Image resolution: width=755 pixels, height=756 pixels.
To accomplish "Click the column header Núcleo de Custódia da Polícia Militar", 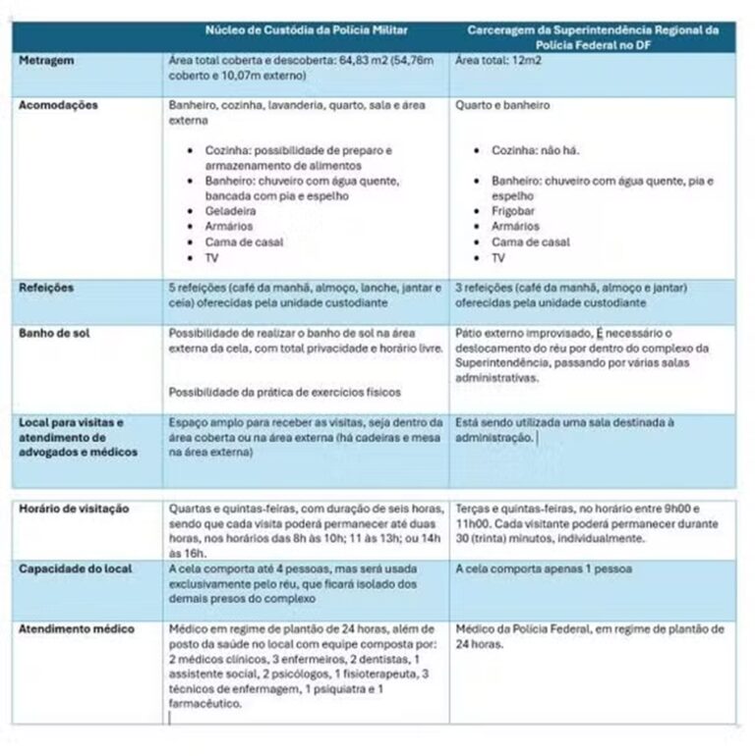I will pyautogui.click(x=306, y=31).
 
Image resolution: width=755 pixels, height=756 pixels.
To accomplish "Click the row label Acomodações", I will pyautogui.click(x=58, y=105).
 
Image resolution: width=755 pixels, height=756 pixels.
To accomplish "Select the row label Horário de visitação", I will pyautogui.click(x=76, y=509).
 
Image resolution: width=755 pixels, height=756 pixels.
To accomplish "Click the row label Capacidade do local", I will pyautogui.click(x=76, y=568).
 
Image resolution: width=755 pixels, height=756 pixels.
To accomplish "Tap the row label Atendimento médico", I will pyautogui.click(x=77, y=628).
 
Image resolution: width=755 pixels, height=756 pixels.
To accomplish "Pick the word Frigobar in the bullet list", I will pyautogui.click(x=515, y=211).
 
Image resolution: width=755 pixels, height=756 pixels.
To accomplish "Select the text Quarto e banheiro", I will pyautogui.click(x=503, y=105).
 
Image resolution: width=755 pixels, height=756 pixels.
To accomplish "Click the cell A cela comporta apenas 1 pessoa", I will pyautogui.click(x=545, y=568).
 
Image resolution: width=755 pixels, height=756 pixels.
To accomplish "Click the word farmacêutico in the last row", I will pyautogui.click(x=204, y=703).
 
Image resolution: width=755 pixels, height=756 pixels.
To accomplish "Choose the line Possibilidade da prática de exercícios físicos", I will pyautogui.click(x=285, y=393).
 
